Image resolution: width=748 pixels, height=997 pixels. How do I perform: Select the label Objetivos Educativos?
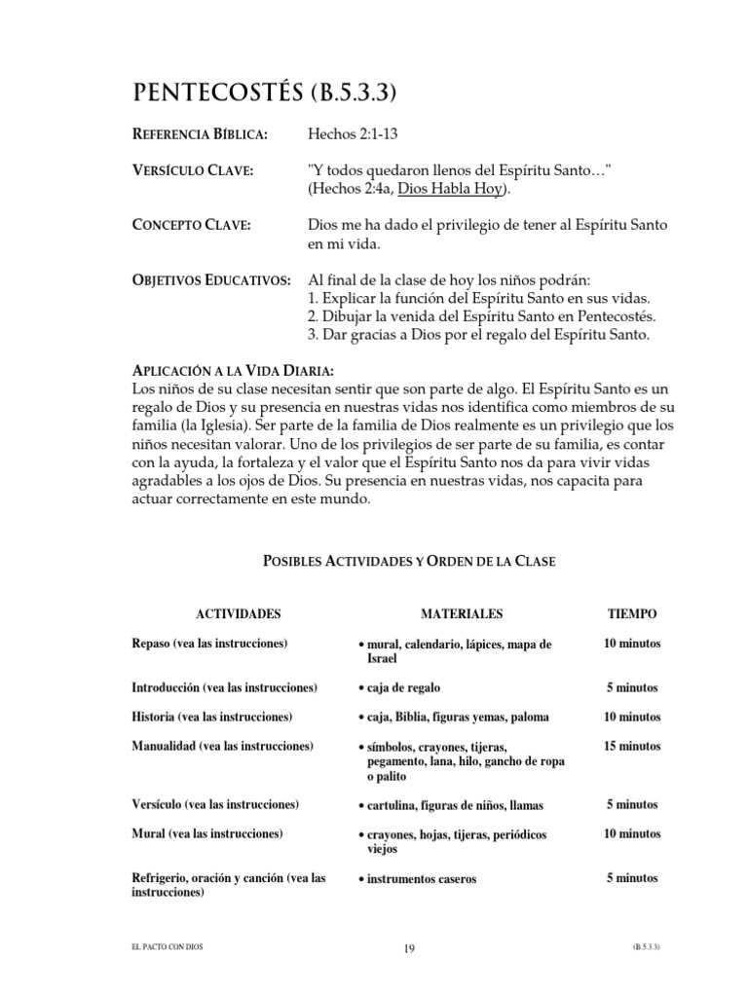pyautogui.click(x=210, y=280)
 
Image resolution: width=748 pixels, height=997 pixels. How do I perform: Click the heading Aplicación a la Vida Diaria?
pyautogui.click(x=233, y=371)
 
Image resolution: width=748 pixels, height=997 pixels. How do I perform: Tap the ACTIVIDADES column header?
pyautogui.click(x=239, y=614)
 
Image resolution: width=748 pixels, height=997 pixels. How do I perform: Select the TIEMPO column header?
pyautogui.click(x=632, y=614)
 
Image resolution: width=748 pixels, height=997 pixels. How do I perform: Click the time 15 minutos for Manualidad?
pyautogui.click(x=632, y=747)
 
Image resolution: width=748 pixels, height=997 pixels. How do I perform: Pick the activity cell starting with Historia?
pyautogui.click(x=211, y=717)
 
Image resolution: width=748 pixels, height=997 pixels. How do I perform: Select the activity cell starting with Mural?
pyautogui.click(x=206, y=834)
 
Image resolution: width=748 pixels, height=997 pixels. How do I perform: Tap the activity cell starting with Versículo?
pyautogui.click(x=215, y=805)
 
